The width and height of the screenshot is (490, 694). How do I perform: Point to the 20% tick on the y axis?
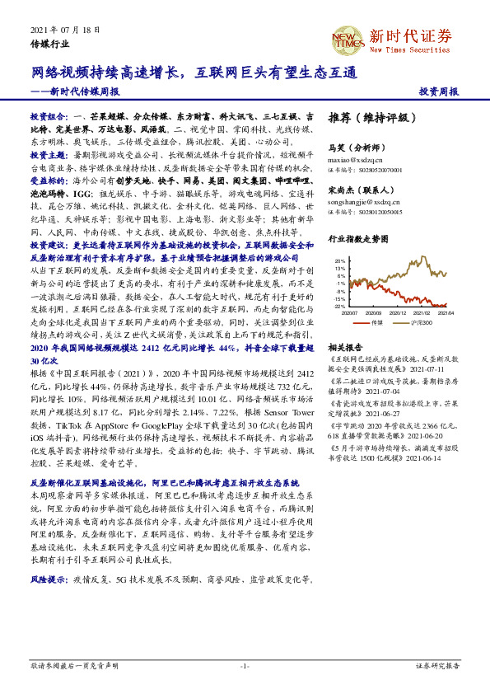pos(340,261)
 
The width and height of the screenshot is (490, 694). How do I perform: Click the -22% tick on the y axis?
pos(339,305)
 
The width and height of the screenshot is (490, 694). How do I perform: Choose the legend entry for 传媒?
pos(378,323)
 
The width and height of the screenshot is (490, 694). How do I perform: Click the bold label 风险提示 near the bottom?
pos(48,580)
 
